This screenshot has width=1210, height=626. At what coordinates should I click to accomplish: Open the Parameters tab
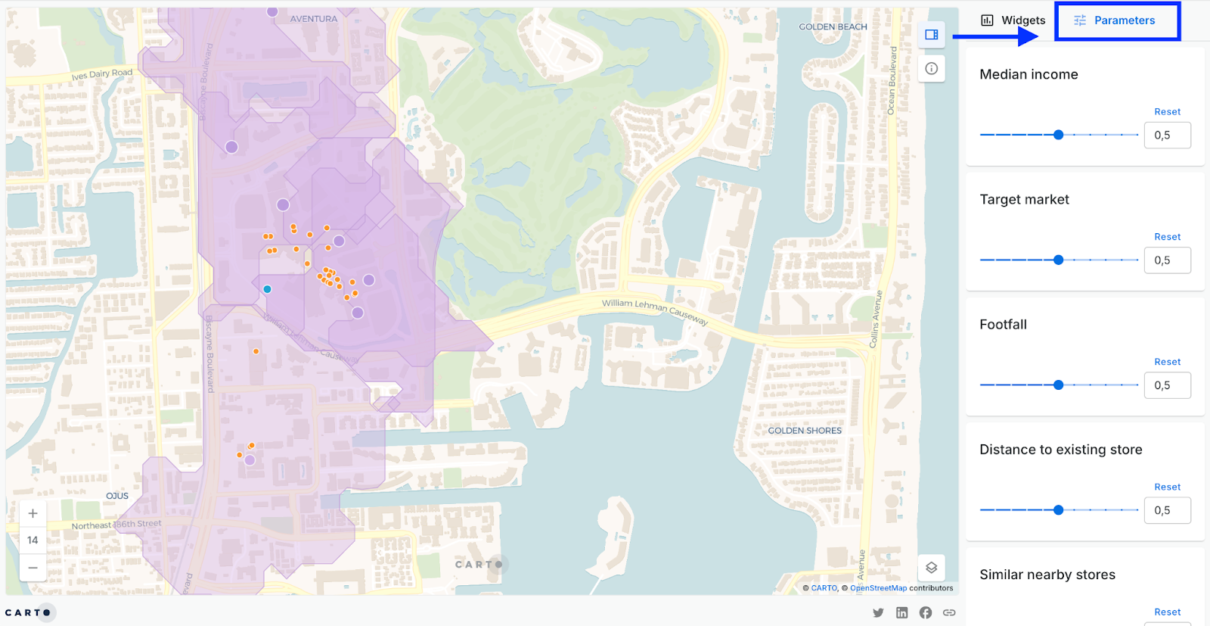(1116, 20)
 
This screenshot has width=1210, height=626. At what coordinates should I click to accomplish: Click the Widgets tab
(1013, 20)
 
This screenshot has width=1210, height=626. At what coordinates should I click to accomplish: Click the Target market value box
(1167, 260)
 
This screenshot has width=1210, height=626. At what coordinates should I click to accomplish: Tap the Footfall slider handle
(1059, 385)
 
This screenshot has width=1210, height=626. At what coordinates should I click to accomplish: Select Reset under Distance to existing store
(1167, 487)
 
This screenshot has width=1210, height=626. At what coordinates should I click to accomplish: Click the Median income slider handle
(1059, 135)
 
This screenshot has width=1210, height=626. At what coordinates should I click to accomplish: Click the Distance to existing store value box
(1167, 510)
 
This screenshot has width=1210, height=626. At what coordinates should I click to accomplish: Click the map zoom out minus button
(33, 568)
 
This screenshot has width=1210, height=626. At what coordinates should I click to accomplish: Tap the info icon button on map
(931, 69)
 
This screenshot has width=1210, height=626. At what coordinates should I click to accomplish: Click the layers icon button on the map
(931, 568)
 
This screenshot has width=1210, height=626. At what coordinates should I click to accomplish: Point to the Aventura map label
(314, 19)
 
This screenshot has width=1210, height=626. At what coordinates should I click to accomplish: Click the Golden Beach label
(833, 26)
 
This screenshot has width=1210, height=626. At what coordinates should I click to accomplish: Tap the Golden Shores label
(805, 431)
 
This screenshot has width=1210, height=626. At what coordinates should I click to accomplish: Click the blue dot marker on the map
(267, 289)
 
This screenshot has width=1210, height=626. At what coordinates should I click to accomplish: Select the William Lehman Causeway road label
(655, 310)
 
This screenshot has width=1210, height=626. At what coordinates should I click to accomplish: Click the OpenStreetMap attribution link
(878, 588)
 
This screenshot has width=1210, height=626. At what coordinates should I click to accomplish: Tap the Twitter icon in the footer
(878, 612)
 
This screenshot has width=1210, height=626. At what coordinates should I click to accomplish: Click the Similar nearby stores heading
(1047, 575)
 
